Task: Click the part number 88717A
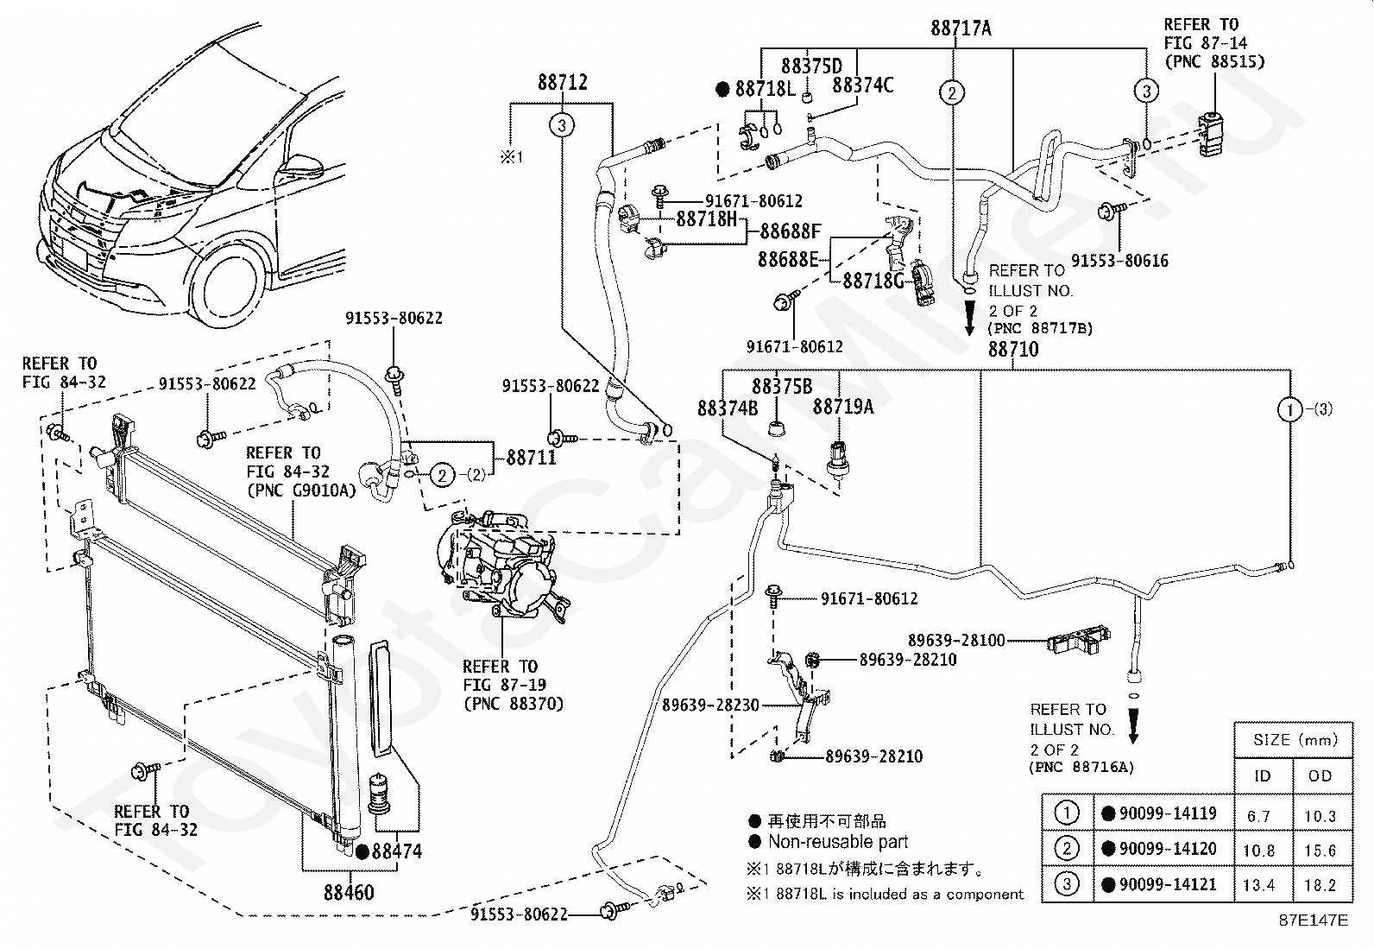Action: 961,28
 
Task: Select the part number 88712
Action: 562,83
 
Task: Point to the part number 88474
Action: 396,851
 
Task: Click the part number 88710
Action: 1012,350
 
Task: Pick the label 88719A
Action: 842,407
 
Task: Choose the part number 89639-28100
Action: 955,640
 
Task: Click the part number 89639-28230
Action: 711,705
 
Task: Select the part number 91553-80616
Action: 1119,260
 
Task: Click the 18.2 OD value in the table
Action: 1320,885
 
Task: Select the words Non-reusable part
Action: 838,842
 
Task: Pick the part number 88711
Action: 531,459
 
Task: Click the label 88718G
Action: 873,281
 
